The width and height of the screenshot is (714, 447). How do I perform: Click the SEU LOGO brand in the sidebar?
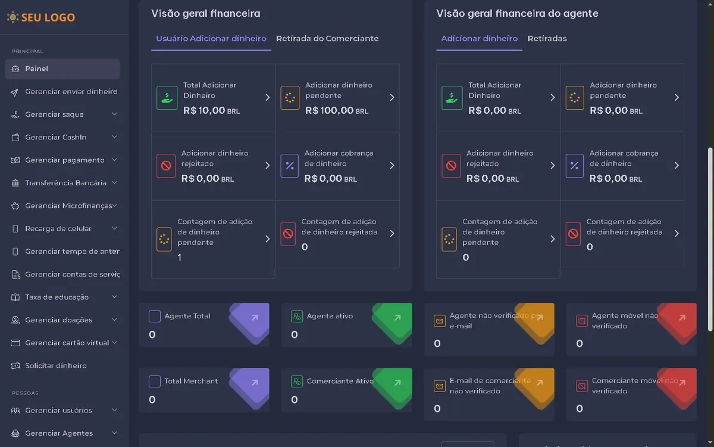(41, 17)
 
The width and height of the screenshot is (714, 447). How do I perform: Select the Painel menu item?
(36, 69)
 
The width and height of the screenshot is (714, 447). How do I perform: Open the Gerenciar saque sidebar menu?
(54, 114)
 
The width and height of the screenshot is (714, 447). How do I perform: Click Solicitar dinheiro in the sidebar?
(56, 366)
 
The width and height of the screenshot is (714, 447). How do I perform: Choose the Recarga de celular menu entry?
(58, 229)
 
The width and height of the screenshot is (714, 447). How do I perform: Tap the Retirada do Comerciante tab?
(327, 39)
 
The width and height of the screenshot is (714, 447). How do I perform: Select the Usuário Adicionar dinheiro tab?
(211, 39)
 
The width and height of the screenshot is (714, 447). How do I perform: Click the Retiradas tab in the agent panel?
(547, 39)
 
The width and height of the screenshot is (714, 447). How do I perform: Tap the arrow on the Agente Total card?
(255, 318)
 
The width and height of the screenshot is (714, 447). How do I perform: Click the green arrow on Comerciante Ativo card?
(397, 383)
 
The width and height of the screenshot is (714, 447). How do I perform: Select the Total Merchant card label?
(191, 381)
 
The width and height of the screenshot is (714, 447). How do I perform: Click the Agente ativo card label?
(330, 316)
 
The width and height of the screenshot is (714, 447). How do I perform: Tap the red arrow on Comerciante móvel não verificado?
(682, 383)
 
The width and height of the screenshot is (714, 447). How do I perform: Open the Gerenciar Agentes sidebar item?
(59, 433)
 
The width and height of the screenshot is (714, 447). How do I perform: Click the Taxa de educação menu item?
(57, 297)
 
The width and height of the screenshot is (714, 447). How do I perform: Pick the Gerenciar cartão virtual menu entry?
(67, 343)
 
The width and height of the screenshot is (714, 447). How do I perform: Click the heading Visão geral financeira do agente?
(517, 14)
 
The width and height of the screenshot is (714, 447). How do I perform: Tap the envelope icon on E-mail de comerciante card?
(439, 386)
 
